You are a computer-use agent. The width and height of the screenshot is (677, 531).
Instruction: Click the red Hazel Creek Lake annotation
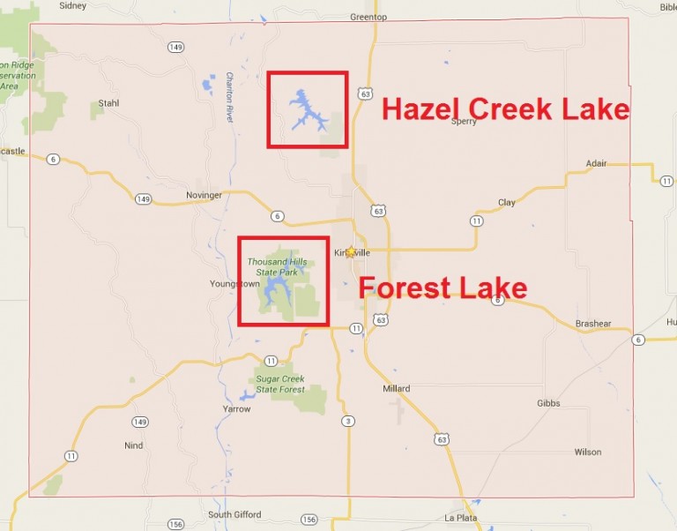(505, 109)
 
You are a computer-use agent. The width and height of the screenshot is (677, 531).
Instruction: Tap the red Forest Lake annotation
(443, 288)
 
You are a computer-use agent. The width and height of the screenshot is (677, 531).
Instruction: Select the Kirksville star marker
(351, 252)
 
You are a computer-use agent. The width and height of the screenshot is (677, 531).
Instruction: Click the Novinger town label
(204, 195)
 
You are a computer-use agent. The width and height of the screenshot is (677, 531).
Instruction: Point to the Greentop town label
(368, 16)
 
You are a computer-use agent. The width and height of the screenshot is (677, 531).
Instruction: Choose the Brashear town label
(593, 324)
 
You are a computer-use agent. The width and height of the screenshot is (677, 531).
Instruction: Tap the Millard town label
(397, 389)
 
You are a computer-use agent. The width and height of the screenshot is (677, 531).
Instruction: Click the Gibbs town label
(548, 403)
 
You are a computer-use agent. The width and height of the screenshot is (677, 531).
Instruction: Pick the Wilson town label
(588, 452)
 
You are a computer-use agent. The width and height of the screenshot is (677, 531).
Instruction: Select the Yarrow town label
(237, 409)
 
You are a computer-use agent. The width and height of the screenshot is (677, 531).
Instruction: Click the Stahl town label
(108, 103)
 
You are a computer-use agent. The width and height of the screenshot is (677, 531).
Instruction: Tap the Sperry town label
(464, 122)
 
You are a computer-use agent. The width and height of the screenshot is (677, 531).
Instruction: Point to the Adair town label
(597, 163)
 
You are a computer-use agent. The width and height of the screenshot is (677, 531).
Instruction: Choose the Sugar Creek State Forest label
(280, 384)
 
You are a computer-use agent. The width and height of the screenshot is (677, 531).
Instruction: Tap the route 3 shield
(349, 421)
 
